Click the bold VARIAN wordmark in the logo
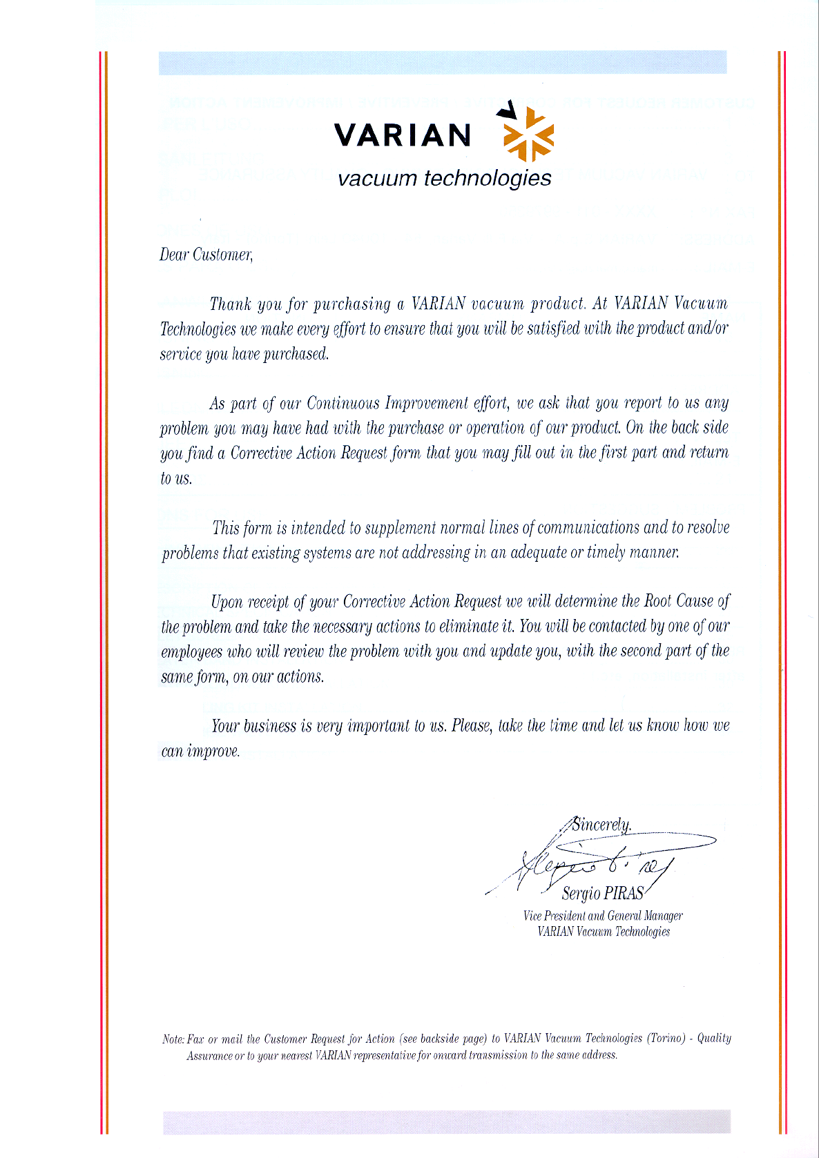pyautogui.click(x=403, y=135)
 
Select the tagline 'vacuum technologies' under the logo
pyautogui.click(x=444, y=178)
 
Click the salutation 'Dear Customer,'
pyautogui.click(x=206, y=255)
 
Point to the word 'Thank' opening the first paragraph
pyautogui.click(x=231, y=304)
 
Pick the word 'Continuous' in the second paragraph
pyautogui.click(x=343, y=403)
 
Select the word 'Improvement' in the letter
pyautogui.click(x=426, y=403)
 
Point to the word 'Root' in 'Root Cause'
pyautogui.click(x=657, y=601)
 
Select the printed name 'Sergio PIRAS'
pyautogui.click(x=602, y=894)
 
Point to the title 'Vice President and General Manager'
pyautogui.click(x=603, y=916)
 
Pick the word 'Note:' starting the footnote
pyautogui.click(x=173, y=1039)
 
